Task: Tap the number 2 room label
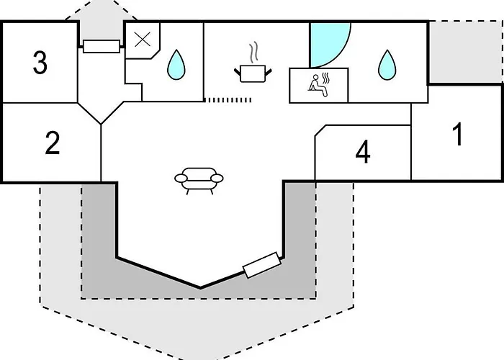point(52,143)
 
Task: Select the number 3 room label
point(40,63)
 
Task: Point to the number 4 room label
point(364,152)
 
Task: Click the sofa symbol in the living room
point(199,180)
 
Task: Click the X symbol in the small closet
point(143,40)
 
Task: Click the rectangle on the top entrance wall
point(100,46)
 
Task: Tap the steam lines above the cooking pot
point(253,53)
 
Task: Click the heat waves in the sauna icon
point(325,77)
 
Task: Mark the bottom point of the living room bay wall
point(200,287)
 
